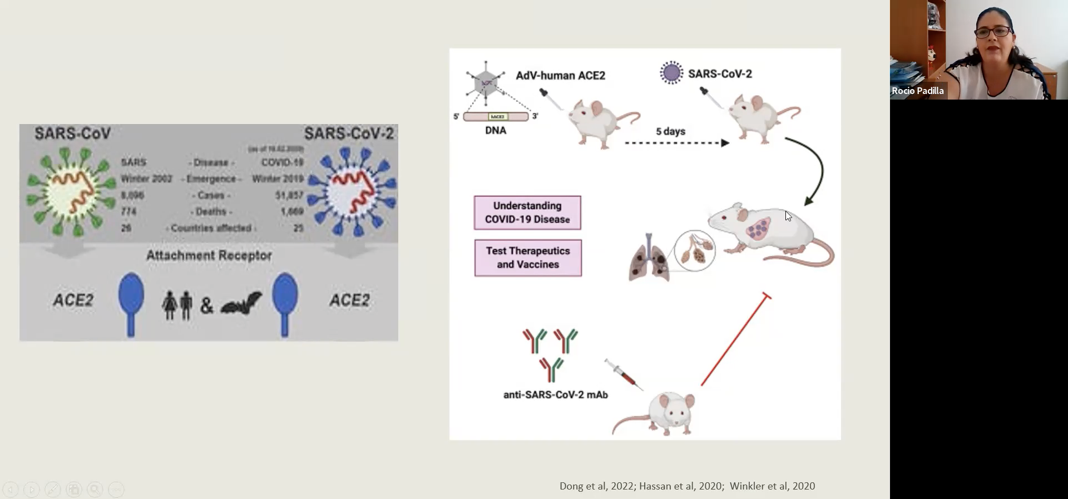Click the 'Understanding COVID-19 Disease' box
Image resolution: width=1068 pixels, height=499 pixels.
tap(527, 213)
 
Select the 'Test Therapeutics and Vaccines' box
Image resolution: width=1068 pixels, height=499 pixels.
tap(528, 258)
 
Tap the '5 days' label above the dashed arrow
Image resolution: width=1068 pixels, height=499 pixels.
tap(670, 131)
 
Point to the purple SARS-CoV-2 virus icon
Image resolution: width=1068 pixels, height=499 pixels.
tap(671, 73)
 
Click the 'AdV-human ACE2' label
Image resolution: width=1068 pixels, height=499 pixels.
tap(560, 76)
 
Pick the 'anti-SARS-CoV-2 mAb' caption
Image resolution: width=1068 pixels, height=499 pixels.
tap(555, 395)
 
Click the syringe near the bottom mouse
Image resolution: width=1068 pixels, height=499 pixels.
tap(624, 374)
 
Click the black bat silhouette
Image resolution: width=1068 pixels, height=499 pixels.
tap(241, 303)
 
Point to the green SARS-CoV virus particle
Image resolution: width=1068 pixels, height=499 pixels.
tap(71, 192)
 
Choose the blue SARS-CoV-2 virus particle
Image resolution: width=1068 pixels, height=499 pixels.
tap(352, 192)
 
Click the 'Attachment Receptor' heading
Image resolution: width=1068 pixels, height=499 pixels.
tap(209, 255)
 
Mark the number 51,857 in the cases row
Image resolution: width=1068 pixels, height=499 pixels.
tap(289, 195)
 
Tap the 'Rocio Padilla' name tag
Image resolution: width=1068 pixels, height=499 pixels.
tap(917, 91)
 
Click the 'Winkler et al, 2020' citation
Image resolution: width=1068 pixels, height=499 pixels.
tap(772, 486)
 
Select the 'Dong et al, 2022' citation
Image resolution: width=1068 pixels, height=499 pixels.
tap(596, 486)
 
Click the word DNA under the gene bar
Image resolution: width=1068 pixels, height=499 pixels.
tap(496, 131)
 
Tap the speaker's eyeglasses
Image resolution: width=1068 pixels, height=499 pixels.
tap(992, 32)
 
